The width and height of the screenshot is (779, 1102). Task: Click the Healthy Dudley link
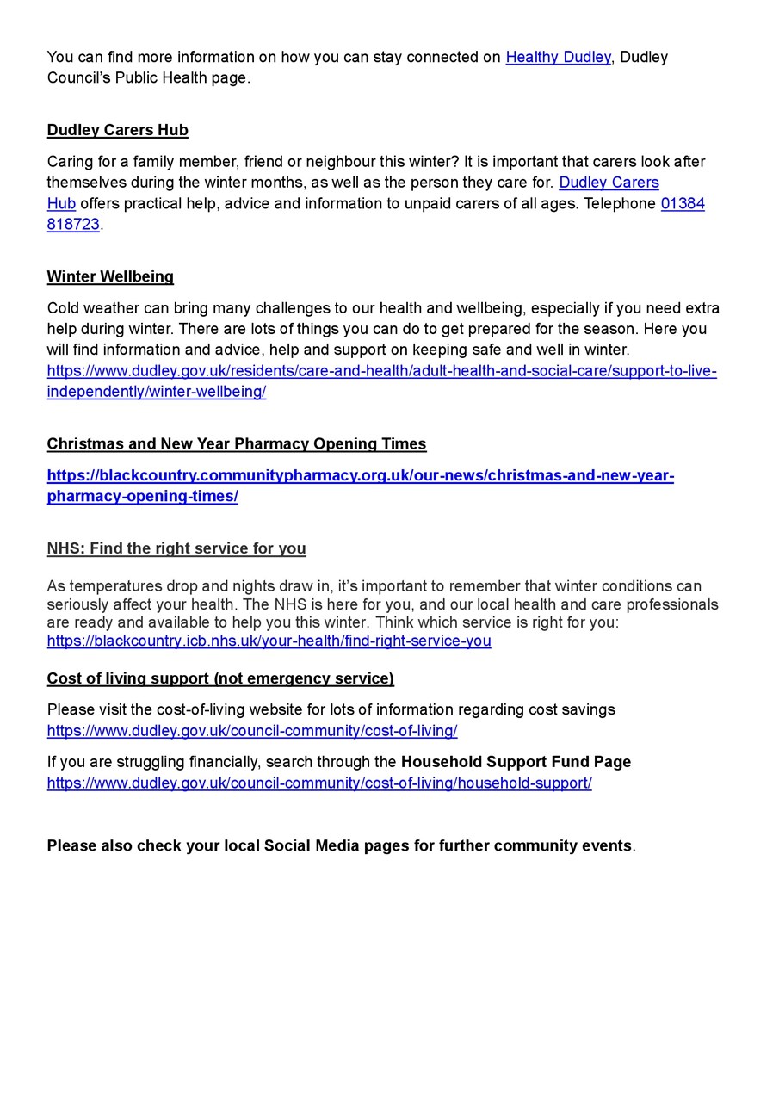(x=558, y=57)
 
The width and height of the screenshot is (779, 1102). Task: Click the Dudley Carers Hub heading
(x=117, y=130)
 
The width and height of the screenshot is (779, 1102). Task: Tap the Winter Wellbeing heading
(x=110, y=276)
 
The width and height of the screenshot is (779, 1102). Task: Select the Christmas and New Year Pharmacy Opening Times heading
(x=236, y=443)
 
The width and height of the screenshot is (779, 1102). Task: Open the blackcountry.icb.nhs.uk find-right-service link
(x=269, y=641)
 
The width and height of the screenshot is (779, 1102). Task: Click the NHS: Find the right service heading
(x=176, y=548)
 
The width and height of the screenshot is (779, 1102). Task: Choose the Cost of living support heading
(x=219, y=678)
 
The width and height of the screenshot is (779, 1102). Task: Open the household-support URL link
(x=318, y=783)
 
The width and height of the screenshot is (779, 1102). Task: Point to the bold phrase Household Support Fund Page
(x=516, y=762)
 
